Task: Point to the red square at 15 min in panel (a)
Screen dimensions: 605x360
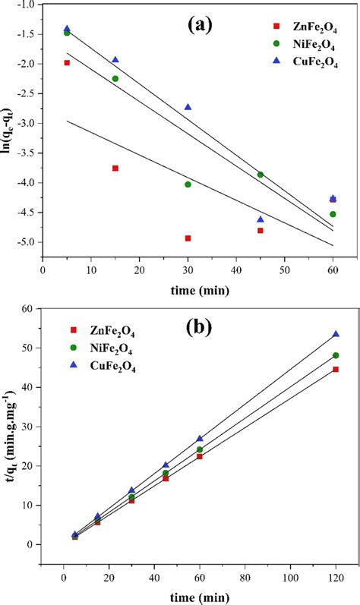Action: tap(115, 168)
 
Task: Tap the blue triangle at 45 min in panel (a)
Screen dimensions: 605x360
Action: tap(261, 219)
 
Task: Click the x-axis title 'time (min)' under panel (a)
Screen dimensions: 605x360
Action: tap(188, 289)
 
